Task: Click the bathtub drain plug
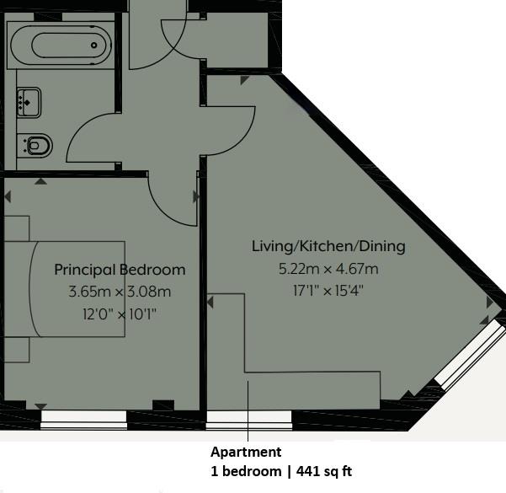(x=94, y=46)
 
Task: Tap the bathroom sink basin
(x=29, y=103)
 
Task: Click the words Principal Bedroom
(x=120, y=270)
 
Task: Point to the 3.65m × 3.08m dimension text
(x=120, y=292)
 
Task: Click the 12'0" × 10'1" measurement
(x=120, y=313)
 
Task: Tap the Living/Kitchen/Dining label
(x=328, y=246)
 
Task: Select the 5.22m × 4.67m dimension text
(x=328, y=269)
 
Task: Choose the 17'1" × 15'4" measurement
(x=328, y=291)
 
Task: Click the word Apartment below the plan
(x=246, y=452)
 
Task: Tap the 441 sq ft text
(x=324, y=471)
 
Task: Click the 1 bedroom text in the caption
(x=246, y=471)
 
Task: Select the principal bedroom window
(x=84, y=420)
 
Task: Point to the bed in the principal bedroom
(x=65, y=289)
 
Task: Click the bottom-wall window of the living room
(x=249, y=420)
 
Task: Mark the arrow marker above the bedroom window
(x=41, y=406)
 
